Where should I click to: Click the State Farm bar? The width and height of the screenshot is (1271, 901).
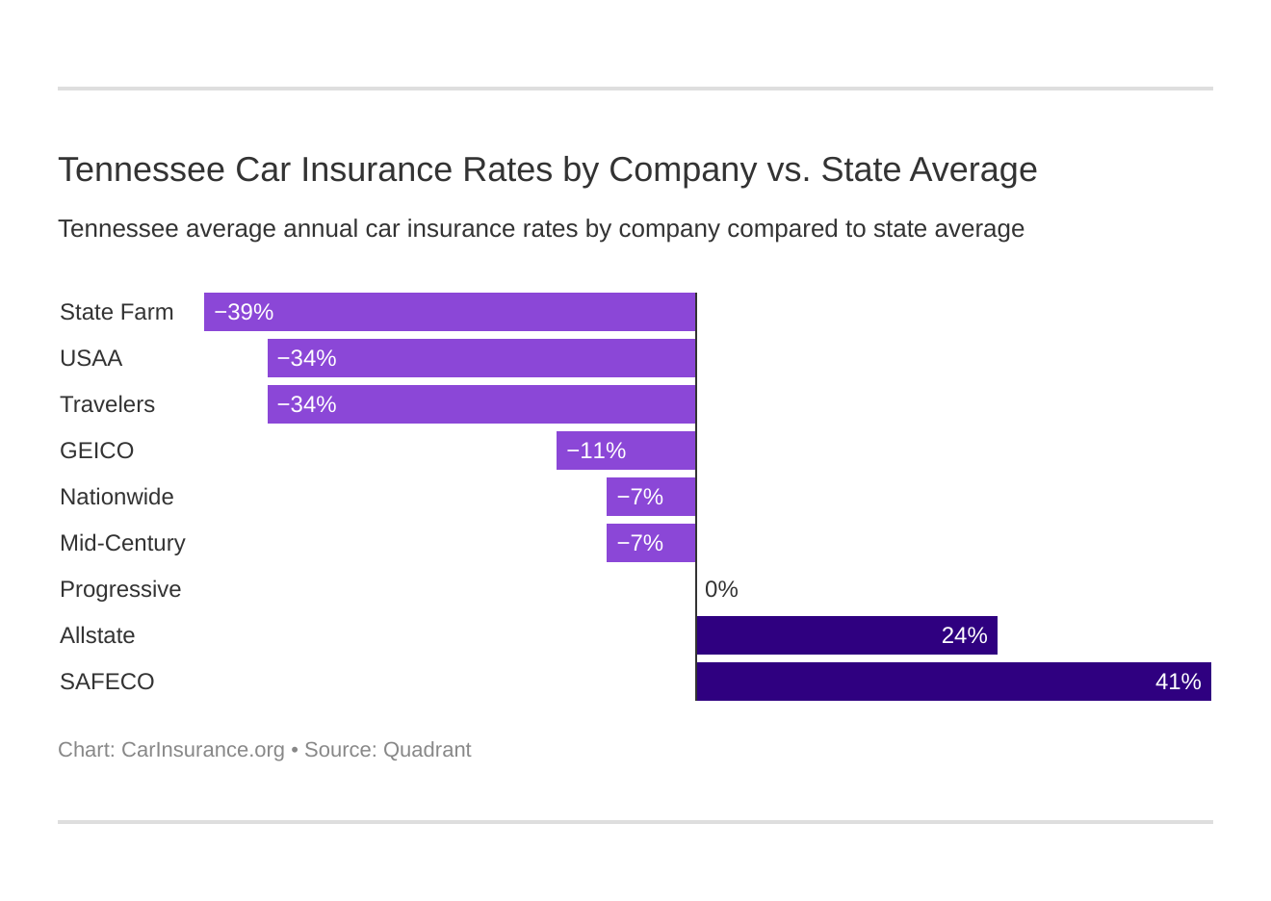click(x=450, y=312)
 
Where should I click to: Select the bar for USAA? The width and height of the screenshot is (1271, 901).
click(x=481, y=358)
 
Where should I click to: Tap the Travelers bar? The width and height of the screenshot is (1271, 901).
click(x=481, y=404)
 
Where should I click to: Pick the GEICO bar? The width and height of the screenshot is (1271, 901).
click(x=626, y=450)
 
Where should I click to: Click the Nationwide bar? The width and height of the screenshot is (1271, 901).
click(x=651, y=497)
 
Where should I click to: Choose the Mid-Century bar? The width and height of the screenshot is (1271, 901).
click(x=651, y=543)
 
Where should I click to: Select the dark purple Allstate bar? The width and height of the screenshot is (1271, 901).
click(x=846, y=635)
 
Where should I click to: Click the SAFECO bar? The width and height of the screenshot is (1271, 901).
click(x=953, y=682)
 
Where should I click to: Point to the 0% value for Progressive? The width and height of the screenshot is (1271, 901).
click(x=721, y=589)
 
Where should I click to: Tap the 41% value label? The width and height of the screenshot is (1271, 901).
click(x=1178, y=682)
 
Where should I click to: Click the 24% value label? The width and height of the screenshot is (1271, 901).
click(x=964, y=635)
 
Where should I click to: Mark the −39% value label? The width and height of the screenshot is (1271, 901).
click(x=244, y=312)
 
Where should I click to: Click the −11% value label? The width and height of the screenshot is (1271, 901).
click(x=596, y=450)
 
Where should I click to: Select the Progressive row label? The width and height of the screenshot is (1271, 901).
click(x=120, y=589)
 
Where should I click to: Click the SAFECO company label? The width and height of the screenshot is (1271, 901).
click(x=107, y=682)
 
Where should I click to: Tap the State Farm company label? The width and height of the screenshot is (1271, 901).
click(x=117, y=312)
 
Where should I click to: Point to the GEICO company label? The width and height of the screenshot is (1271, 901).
click(x=96, y=450)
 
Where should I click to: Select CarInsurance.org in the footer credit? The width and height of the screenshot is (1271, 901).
click(x=203, y=750)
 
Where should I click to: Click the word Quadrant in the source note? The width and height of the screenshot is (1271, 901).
click(x=427, y=750)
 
